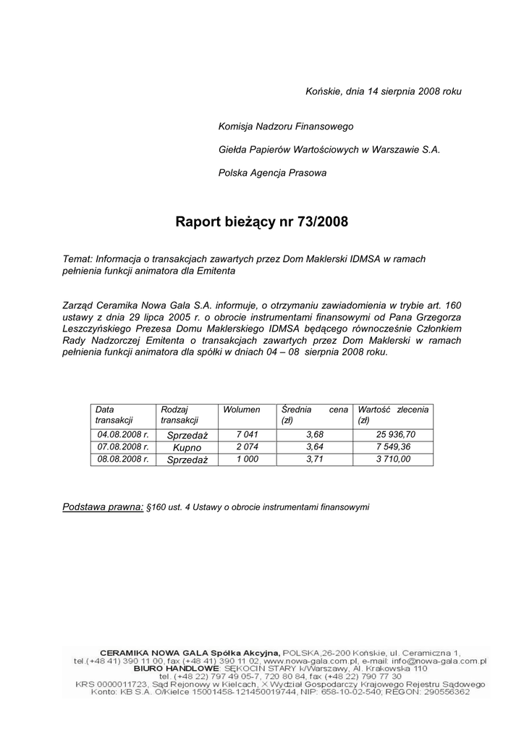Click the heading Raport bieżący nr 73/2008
(x=261, y=221)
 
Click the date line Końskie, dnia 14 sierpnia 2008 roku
(x=383, y=91)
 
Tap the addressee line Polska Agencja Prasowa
(x=272, y=173)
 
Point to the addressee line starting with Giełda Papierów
(x=329, y=150)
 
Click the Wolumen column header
(x=242, y=410)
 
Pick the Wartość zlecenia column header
(x=393, y=415)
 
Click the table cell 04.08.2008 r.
(x=123, y=434)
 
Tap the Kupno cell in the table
(x=187, y=447)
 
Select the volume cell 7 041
(x=247, y=434)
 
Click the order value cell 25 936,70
(x=396, y=434)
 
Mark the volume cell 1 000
(x=247, y=459)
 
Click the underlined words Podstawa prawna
(x=103, y=507)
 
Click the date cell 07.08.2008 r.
(x=123, y=446)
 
